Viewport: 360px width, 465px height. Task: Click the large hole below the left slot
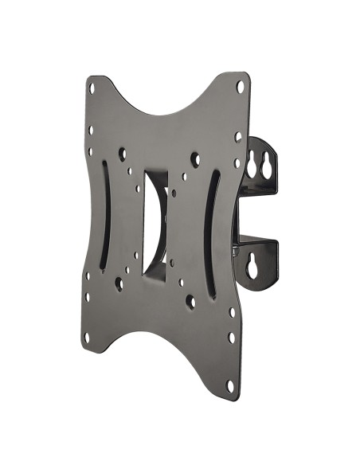119,281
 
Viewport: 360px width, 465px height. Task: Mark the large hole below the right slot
190,302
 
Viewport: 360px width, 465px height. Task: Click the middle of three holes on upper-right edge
237,136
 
